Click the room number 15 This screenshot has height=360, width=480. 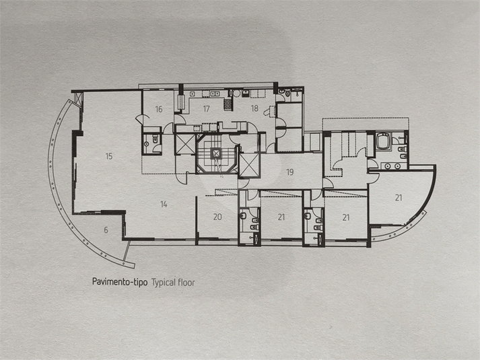pyautogui.click(x=109, y=156)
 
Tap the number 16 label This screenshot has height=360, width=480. pyautogui.click(x=159, y=109)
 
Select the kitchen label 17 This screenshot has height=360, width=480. pyautogui.click(x=206, y=109)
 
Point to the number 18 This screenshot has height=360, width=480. pyautogui.click(x=254, y=108)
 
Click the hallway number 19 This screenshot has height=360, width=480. pyautogui.click(x=290, y=172)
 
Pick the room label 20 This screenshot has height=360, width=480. pyautogui.click(x=217, y=217)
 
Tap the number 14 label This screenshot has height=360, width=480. pyautogui.click(x=164, y=205)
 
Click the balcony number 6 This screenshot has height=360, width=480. pyautogui.click(x=106, y=229)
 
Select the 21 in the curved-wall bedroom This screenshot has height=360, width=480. pyautogui.click(x=399, y=198)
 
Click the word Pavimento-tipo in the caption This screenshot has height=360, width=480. pyautogui.click(x=120, y=282)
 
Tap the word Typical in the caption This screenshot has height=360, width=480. pyautogui.click(x=163, y=283)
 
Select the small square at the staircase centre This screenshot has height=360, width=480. pyautogui.click(x=216, y=153)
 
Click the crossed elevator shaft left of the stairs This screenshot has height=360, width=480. pyautogui.click(x=184, y=144)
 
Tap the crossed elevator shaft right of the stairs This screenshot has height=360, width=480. pyautogui.click(x=249, y=165)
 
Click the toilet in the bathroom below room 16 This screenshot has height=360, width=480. pyautogui.click(x=156, y=139)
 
